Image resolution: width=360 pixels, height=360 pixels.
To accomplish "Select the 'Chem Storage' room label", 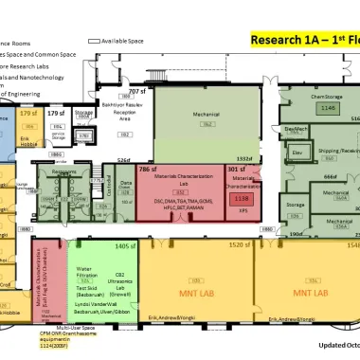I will pos(325,98).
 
